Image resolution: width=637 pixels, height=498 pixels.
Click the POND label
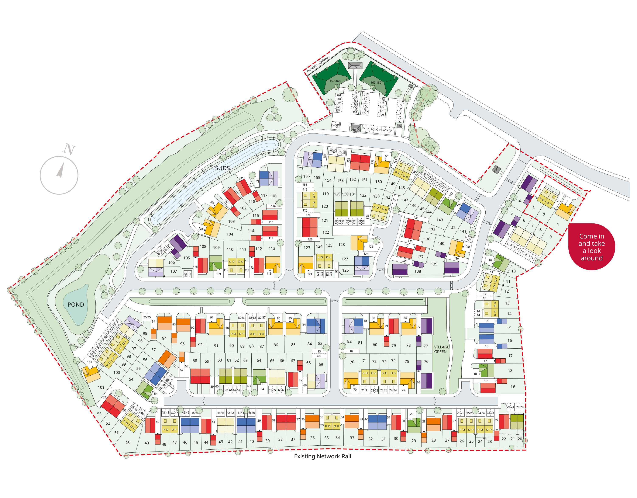point(76,305)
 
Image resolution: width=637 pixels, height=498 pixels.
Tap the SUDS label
point(222,168)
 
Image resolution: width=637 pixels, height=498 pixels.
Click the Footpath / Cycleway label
point(318,64)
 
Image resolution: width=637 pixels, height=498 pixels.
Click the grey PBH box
point(496,169)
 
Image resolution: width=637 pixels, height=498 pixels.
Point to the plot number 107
point(174,271)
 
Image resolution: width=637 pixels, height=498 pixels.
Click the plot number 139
point(434,264)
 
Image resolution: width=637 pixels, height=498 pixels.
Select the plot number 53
point(99,414)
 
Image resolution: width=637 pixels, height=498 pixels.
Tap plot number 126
point(345,270)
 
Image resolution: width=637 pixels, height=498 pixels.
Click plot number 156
point(306,176)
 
